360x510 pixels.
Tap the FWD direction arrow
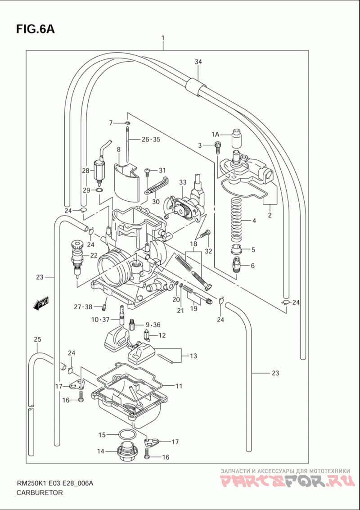pyautogui.click(x=40, y=304)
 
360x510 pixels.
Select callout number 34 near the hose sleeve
pyautogui.click(x=198, y=62)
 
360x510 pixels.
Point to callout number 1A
pyautogui.click(x=215, y=134)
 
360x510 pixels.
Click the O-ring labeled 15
pyautogui.click(x=126, y=434)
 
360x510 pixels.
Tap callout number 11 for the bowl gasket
pyautogui.click(x=179, y=386)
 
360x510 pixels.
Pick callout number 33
pyautogui.click(x=183, y=183)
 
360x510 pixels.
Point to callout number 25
pyautogui.click(x=37, y=339)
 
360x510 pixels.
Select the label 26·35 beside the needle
pyautogui.click(x=151, y=140)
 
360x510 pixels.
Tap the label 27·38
pyautogui.click(x=83, y=306)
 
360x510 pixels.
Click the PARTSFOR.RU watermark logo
pyautogui.click(x=286, y=482)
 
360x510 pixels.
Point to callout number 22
pyautogui.click(x=94, y=255)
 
